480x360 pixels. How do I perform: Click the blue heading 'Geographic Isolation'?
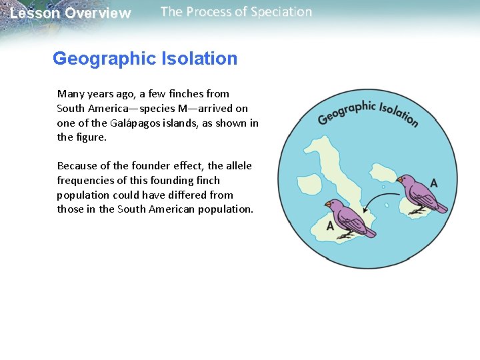[145, 59]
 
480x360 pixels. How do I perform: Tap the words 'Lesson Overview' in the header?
[71, 13]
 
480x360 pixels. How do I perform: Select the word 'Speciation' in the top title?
[280, 12]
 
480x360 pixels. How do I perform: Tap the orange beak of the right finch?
[399, 179]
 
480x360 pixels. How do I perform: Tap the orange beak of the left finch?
[328, 203]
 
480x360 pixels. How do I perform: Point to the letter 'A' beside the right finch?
[434, 183]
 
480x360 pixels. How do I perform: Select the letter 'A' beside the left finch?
[330, 226]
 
